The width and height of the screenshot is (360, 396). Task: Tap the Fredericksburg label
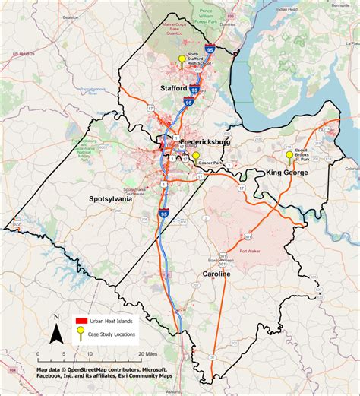coord(206,142)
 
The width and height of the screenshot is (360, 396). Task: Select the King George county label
coord(287,173)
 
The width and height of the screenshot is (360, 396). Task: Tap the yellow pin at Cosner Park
coord(196,155)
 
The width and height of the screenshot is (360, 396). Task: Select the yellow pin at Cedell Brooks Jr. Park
coord(289,155)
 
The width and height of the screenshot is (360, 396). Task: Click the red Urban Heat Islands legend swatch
coord(78,322)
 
